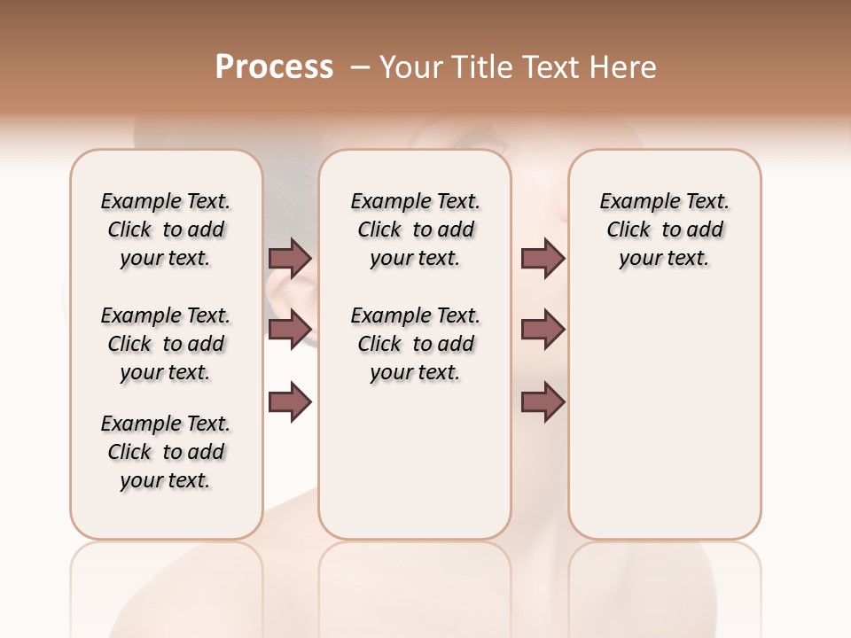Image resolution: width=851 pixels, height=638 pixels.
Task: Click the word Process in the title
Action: [x=274, y=67]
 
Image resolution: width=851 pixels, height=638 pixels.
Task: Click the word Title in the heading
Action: [x=478, y=67]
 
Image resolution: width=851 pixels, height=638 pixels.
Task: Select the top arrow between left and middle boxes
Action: [x=290, y=259]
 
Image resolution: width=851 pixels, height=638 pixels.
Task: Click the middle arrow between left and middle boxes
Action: [x=290, y=330]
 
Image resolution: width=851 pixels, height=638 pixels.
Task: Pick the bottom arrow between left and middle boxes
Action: [x=290, y=402]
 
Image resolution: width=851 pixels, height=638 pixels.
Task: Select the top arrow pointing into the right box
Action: [x=543, y=259]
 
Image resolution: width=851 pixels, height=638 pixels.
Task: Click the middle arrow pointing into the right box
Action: [x=543, y=330]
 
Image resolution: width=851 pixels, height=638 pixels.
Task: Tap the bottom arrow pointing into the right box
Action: [x=543, y=402]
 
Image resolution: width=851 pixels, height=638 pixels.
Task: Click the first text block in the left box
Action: [x=166, y=230]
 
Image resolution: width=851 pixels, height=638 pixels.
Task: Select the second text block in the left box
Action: [x=166, y=344]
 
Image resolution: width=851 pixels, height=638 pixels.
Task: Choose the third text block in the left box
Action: [x=166, y=452]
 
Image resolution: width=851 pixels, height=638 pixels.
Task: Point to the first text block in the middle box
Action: [x=416, y=230]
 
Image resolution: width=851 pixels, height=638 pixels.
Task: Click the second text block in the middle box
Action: [x=416, y=344]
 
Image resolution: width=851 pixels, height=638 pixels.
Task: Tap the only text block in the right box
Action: [x=665, y=230]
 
